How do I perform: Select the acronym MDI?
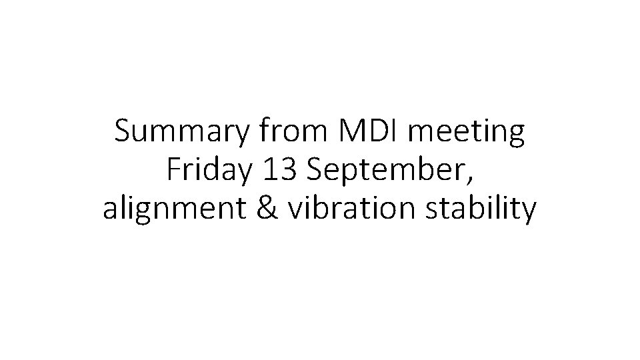pos(367,133)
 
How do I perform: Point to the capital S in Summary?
pos(124,133)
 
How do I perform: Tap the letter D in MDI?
pos(372,133)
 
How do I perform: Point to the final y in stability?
pos(527,213)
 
